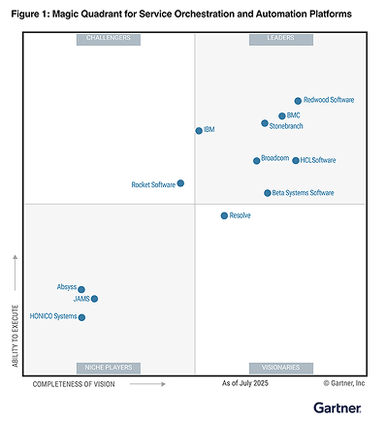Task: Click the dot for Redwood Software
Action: [x=298, y=101]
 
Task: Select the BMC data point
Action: [x=282, y=115]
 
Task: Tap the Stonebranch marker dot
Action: [x=265, y=123]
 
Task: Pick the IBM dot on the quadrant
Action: [x=199, y=131]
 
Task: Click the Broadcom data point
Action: [x=256, y=161]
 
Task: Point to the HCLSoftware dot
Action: [x=296, y=160]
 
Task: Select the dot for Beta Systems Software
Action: [x=268, y=193]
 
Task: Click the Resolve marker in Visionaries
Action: [x=224, y=215]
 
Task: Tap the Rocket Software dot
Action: [x=180, y=183]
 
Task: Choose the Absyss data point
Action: [x=81, y=289]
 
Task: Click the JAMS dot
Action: [x=94, y=299]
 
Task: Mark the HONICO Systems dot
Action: [x=81, y=317]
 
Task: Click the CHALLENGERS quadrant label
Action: [x=109, y=39]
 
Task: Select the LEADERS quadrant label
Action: [x=281, y=39]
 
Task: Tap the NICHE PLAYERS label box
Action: [x=109, y=368]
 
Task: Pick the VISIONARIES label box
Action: [x=281, y=368]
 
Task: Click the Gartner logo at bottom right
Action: [x=338, y=407]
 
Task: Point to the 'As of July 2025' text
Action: [x=245, y=383]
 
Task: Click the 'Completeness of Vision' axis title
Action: [x=74, y=384]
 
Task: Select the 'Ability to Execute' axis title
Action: [x=16, y=336]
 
